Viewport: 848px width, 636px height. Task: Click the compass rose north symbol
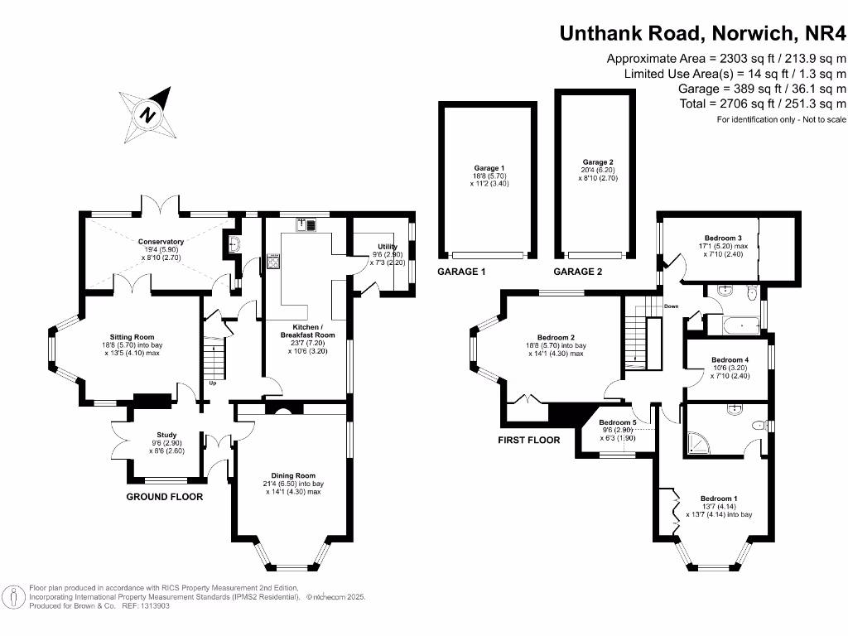pyautogui.click(x=148, y=114)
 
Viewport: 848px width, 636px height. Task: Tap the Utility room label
pyautogui.click(x=388, y=247)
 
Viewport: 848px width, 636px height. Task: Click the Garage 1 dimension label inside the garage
pyautogui.click(x=489, y=176)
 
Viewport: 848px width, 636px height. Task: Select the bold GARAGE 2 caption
pyautogui.click(x=578, y=272)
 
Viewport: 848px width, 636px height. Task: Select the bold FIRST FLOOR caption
pyautogui.click(x=529, y=440)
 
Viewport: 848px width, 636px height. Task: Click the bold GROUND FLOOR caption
pyautogui.click(x=164, y=497)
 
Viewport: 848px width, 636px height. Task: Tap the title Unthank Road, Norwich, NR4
pyautogui.click(x=703, y=33)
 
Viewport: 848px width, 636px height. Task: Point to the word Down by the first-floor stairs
pyautogui.click(x=672, y=306)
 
